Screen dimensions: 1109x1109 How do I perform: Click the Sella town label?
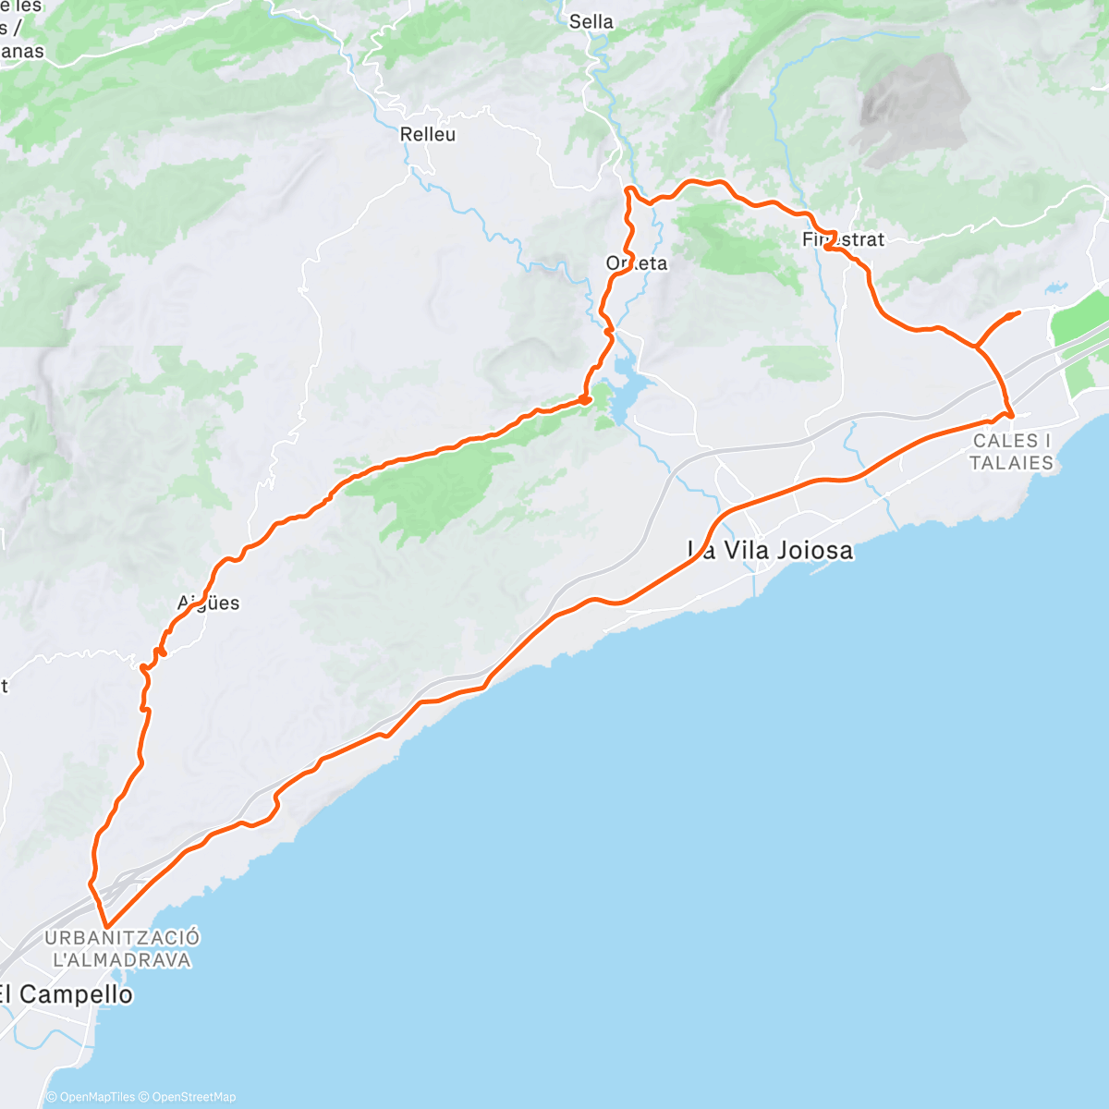coord(591,21)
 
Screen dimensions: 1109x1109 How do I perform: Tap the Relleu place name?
coord(428,135)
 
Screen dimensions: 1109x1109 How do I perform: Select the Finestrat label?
coord(843,240)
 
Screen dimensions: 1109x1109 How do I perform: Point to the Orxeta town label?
coord(637,263)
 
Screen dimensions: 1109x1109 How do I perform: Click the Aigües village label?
coord(209,603)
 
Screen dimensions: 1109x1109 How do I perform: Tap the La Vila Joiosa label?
coord(771,551)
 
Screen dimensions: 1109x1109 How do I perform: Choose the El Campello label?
coord(66,994)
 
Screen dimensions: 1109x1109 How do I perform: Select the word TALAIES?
coord(1012,463)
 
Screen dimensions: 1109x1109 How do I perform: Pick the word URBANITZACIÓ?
coord(122,938)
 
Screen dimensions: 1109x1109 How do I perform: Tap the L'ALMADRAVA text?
coord(122,960)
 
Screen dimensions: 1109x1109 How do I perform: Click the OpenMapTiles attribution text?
coord(96,1097)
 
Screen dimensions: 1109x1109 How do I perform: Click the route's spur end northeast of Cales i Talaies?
coord(1018,313)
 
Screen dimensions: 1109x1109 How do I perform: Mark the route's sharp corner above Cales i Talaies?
coord(1012,417)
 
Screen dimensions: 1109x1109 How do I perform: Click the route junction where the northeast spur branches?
coord(977,347)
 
